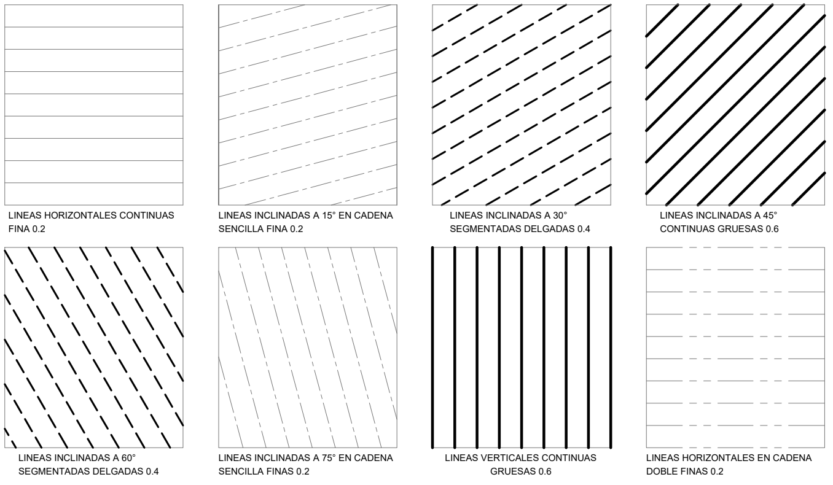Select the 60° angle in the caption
(127, 458)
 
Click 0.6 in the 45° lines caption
(772, 229)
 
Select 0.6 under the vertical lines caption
(545, 471)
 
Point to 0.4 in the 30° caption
(584, 229)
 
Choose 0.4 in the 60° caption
(152, 471)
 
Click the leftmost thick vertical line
(432, 347)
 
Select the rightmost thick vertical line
(611, 347)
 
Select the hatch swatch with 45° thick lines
(735, 105)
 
